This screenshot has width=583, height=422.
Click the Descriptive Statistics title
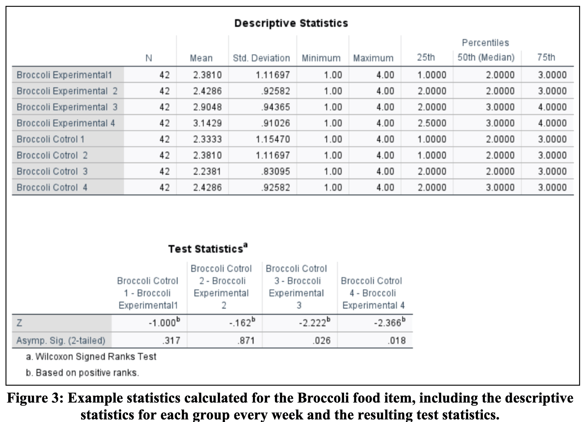[x=291, y=23]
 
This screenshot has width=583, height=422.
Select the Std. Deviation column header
[x=261, y=58]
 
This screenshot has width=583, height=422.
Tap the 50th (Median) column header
[x=486, y=57]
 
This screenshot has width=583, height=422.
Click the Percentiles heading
[x=485, y=43]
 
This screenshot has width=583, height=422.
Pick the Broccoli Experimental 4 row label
[x=66, y=123]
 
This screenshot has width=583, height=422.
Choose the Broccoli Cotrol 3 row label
[x=52, y=171]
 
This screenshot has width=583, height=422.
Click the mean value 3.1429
[x=207, y=123]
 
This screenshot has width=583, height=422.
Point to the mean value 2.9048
[x=207, y=107]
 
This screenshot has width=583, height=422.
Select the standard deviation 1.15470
[x=273, y=139]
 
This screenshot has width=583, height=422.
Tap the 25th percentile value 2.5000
[x=432, y=123]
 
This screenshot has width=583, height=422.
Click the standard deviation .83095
[x=275, y=171]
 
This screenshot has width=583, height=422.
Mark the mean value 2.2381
[x=207, y=171]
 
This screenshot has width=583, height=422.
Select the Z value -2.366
[x=389, y=323]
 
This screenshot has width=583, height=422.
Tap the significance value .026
[x=321, y=340]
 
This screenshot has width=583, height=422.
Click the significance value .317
[x=171, y=340]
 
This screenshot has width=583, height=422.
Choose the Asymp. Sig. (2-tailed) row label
[x=61, y=340]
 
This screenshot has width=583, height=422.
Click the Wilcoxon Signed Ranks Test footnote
[x=91, y=356]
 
